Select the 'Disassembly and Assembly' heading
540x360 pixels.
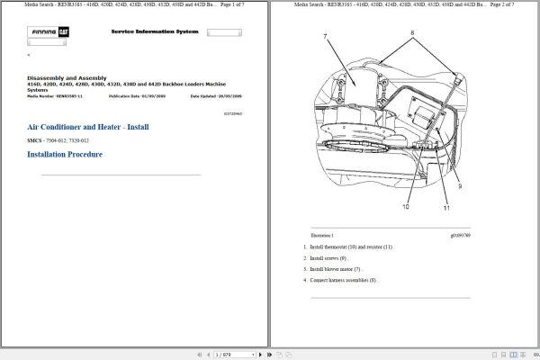pyautogui.click(x=66, y=78)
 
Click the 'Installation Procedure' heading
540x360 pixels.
pyautogui.click(x=65, y=155)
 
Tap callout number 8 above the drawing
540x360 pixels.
pyautogui.click(x=413, y=33)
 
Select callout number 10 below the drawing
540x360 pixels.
pyautogui.click(x=405, y=206)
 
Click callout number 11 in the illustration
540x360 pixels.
pyautogui.click(x=445, y=208)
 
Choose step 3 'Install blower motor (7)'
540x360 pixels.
pyautogui.click(x=335, y=268)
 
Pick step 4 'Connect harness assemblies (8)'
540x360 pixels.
pyautogui.click(x=343, y=280)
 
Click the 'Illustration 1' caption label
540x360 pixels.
pyautogui.click(x=323, y=235)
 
